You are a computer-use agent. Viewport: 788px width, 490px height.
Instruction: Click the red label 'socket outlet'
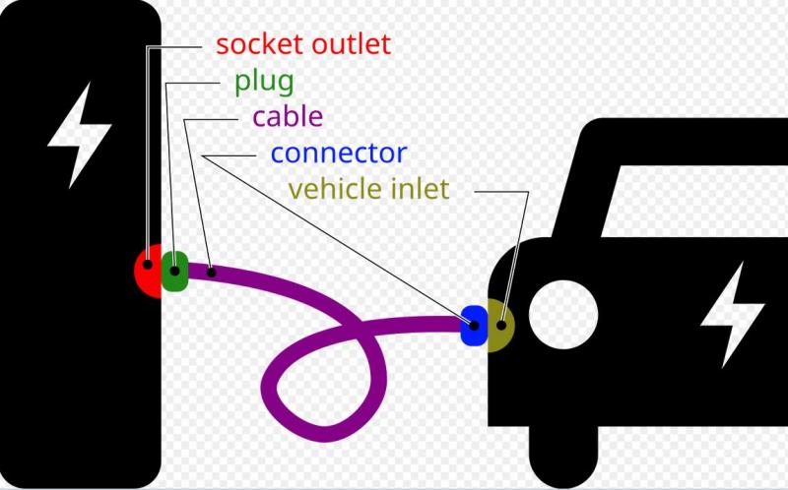pyautogui.click(x=303, y=44)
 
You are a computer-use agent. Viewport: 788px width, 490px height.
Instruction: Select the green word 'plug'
pyautogui.click(x=264, y=81)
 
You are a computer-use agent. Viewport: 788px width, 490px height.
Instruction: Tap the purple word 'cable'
pyautogui.click(x=288, y=117)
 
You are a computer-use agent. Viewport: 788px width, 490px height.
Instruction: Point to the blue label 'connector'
pyautogui.click(x=338, y=153)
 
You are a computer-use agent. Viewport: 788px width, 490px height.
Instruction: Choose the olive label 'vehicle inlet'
pyautogui.click(x=368, y=188)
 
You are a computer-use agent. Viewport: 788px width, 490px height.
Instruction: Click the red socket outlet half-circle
pyautogui.click(x=147, y=273)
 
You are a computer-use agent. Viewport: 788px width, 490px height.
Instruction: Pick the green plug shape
pyautogui.click(x=174, y=272)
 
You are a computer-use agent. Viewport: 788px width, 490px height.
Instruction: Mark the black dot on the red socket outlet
pyautogui.click(x=148, y=264)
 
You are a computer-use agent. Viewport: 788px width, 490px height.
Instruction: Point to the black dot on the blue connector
pyautogui.click(x=474, y=325)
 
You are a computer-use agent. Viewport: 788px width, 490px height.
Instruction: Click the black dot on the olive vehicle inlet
pyautogui.click(x=502, y=323)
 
